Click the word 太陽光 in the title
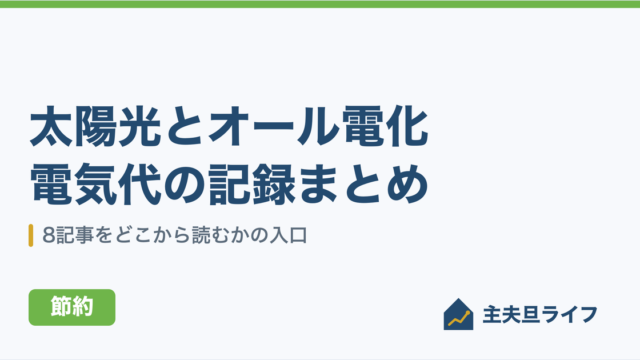[95, 126]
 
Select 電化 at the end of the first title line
[385, 126]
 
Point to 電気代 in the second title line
[95, 184]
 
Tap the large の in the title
[185, 184]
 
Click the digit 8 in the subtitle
[49, 236]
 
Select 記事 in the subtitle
[75, 236]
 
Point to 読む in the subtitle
[210, 236]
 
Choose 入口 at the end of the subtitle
[289, 236]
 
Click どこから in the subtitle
[153, 236]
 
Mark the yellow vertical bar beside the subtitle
[31, 236]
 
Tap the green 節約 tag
[72, 307]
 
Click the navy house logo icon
[458, 314]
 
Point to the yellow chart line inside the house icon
[459, 319]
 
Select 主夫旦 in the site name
[511, 315]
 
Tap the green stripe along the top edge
[320, 4]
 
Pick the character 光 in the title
[139, 126]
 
